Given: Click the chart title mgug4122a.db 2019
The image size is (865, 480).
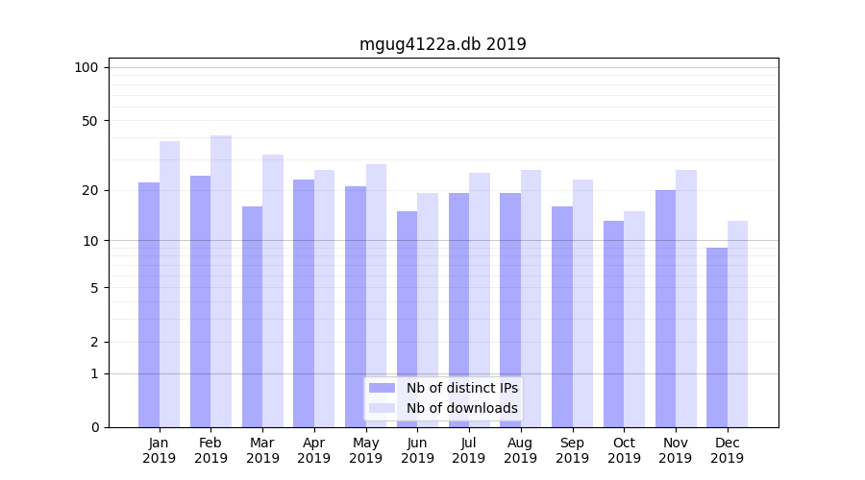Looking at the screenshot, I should click(442, 44).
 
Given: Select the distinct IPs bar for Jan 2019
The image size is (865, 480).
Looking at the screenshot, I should click(149, 304).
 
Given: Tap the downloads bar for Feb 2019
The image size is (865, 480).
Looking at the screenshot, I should click(221, 281).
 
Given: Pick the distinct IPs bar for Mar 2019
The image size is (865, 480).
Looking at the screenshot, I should click(252, 317).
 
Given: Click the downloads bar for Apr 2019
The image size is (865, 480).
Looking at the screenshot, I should click(324, 299).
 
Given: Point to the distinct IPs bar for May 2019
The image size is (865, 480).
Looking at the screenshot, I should click(356, 306).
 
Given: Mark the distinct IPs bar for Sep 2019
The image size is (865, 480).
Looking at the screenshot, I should click(562, 317).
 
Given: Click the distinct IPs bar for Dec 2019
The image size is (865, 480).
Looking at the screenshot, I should click(717, 337).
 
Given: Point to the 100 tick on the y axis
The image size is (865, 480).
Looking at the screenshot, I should click(86, 67).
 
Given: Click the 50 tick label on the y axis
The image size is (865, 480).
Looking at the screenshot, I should click(90, 121).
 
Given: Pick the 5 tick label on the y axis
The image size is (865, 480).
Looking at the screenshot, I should click(94, 287).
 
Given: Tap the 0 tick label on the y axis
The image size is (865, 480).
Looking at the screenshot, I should click(94, 427).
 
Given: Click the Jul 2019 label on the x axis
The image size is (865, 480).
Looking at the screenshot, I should click(469, 450).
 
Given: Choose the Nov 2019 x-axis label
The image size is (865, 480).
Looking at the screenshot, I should click(676, 450).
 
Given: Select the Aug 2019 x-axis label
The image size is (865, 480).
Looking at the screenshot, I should click(521, 450).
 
